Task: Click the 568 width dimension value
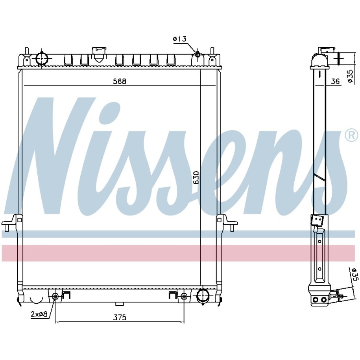click(120, 81)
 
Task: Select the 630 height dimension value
click(196, 177)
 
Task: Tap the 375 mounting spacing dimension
click(120, 318)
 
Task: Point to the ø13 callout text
click(179, 39)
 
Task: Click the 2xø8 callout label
click(39, 314)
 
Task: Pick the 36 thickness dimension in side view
click(335, 81)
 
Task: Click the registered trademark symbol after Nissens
click(351, 135)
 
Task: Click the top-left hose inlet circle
click(42, 58)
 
